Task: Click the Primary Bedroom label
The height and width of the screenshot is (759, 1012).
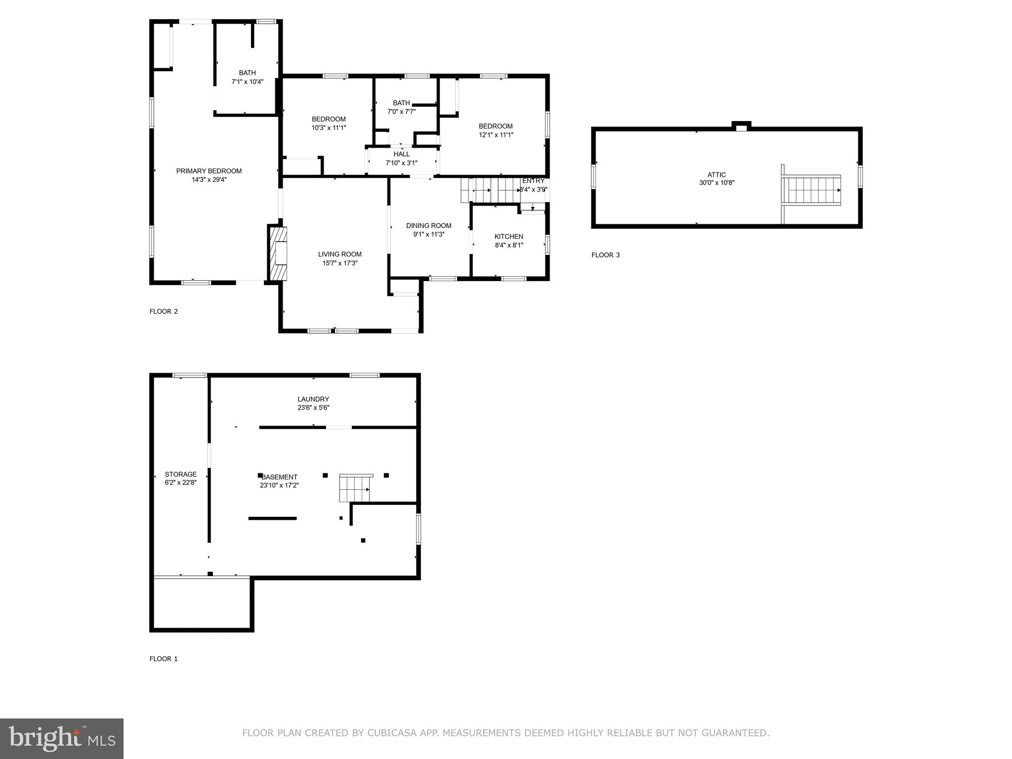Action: pos(209,171)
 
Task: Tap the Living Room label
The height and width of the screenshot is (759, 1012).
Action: pos(340,254)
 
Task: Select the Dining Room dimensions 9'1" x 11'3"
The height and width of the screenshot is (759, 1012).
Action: pos(429,234)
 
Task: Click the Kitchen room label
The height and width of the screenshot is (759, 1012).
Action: pos(509,237)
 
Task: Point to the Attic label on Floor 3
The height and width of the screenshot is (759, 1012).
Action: pos(717,174)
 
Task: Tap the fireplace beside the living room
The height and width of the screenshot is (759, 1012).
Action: pos(278,253)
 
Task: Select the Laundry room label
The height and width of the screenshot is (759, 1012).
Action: pos(313,399)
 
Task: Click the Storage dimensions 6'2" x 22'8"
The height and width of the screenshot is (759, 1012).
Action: pos(181,483)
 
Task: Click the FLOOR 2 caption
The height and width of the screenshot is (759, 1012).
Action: pos(164,311)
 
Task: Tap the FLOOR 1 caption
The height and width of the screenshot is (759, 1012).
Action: pos(164,659)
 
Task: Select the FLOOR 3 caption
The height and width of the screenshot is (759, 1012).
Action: pos(605,255)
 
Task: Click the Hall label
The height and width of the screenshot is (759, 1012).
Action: pos(402,154)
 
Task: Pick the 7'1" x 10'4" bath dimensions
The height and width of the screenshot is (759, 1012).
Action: pos(248,82)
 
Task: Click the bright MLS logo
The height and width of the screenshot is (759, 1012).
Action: pos(62,738)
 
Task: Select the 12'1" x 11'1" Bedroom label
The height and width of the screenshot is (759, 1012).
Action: pos(496,126)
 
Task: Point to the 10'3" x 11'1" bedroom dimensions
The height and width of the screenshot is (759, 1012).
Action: pos(329,127)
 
